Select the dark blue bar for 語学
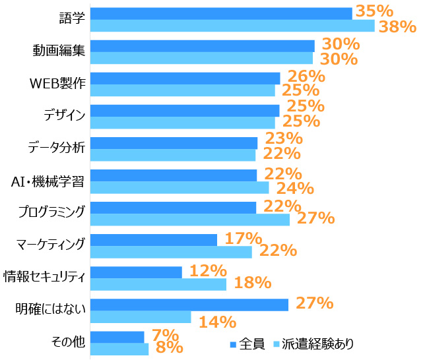220,13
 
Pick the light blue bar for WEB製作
182,90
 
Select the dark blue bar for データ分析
174,142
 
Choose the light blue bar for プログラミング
189,220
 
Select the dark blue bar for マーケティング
153,239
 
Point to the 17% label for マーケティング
244,239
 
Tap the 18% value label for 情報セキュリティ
253,283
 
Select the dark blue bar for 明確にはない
189,304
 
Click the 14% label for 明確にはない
217,322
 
